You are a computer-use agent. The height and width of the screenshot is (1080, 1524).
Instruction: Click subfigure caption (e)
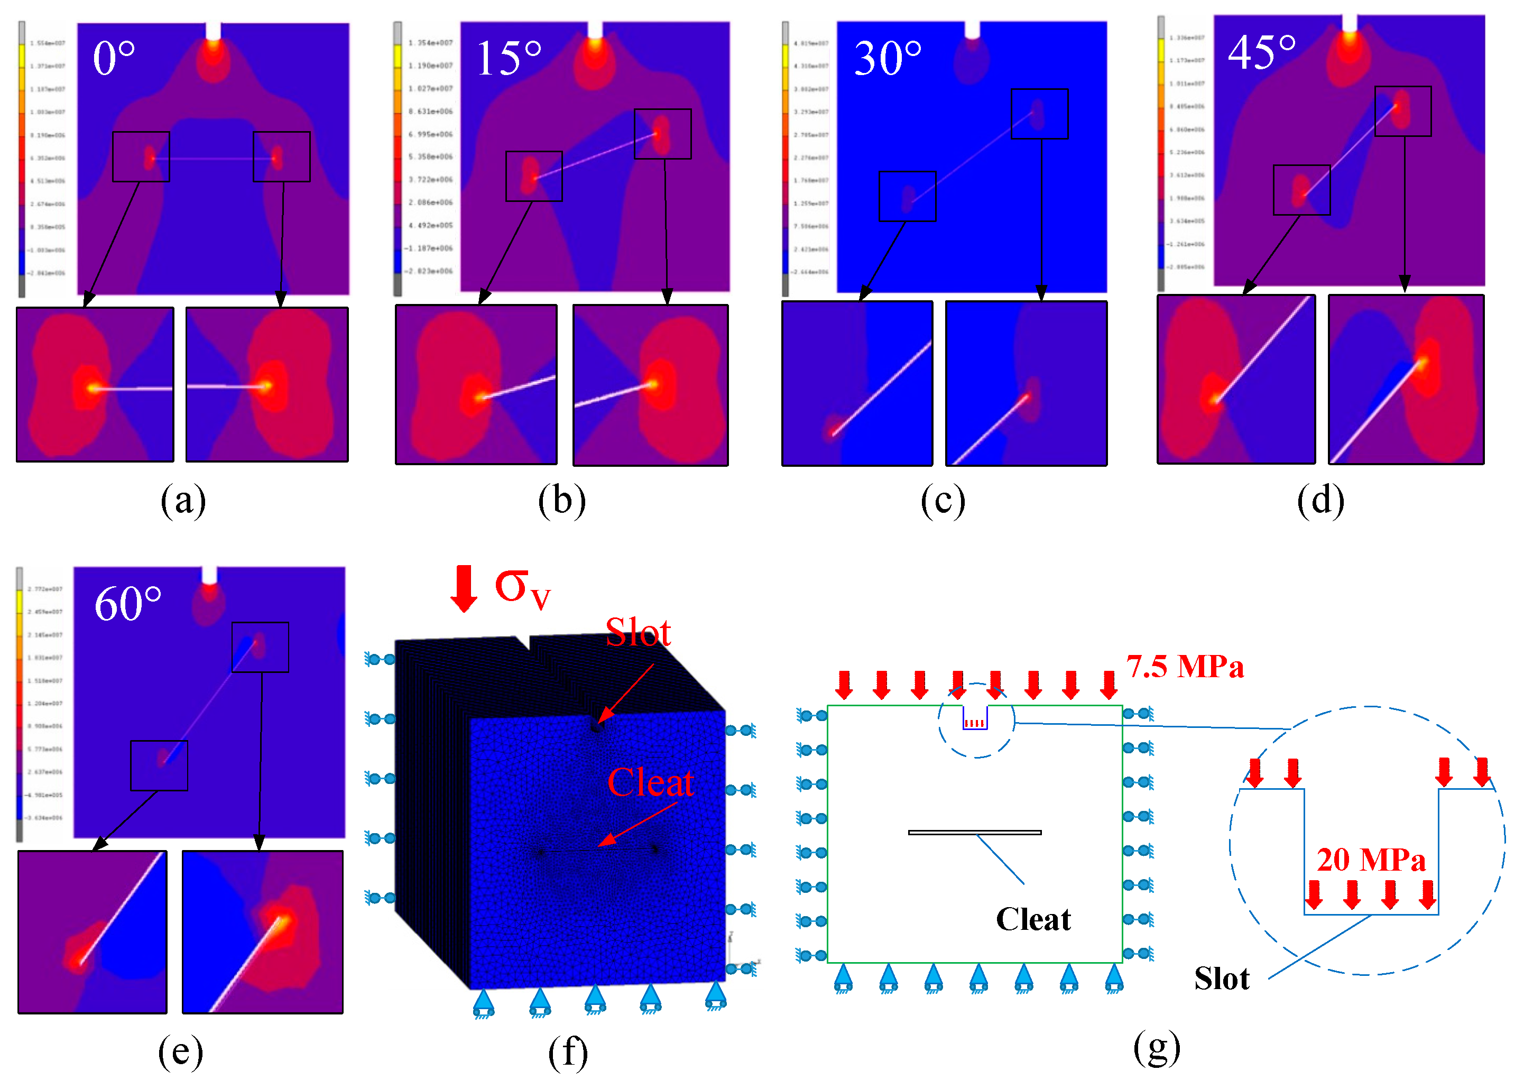coord(180,1051)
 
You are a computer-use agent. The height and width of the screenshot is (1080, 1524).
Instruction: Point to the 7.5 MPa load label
coord(1185,667)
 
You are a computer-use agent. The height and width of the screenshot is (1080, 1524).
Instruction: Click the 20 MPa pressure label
coord(1371,860)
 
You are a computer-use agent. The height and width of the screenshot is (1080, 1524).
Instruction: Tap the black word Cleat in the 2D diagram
coord(1033,920)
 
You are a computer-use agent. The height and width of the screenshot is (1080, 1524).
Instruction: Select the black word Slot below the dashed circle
coord(1222,979)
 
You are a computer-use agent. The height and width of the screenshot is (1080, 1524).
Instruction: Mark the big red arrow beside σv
coord(464,588)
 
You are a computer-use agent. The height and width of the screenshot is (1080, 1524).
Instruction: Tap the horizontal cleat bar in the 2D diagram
coord(975,832)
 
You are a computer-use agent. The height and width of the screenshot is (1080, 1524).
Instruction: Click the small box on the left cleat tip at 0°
coord(141,157)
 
